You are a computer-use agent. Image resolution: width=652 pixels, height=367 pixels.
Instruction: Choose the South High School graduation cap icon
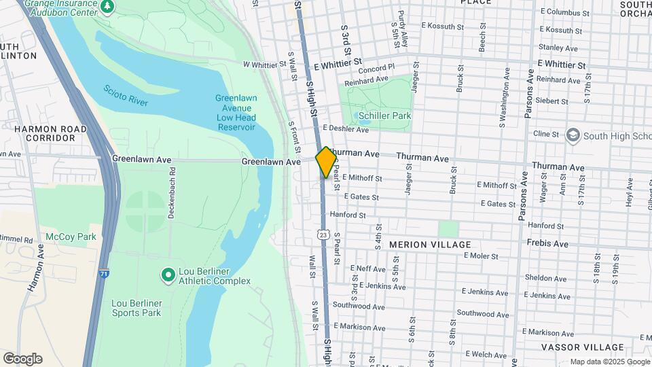573,136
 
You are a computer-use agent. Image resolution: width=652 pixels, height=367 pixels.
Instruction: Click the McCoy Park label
71,237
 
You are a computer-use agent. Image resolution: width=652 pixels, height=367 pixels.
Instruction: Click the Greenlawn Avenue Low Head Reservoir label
236,113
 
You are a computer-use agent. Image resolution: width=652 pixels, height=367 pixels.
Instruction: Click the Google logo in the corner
22,359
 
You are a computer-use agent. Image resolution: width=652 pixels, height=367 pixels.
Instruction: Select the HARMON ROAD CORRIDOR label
50,133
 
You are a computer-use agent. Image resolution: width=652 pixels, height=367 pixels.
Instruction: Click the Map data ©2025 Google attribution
609,362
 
